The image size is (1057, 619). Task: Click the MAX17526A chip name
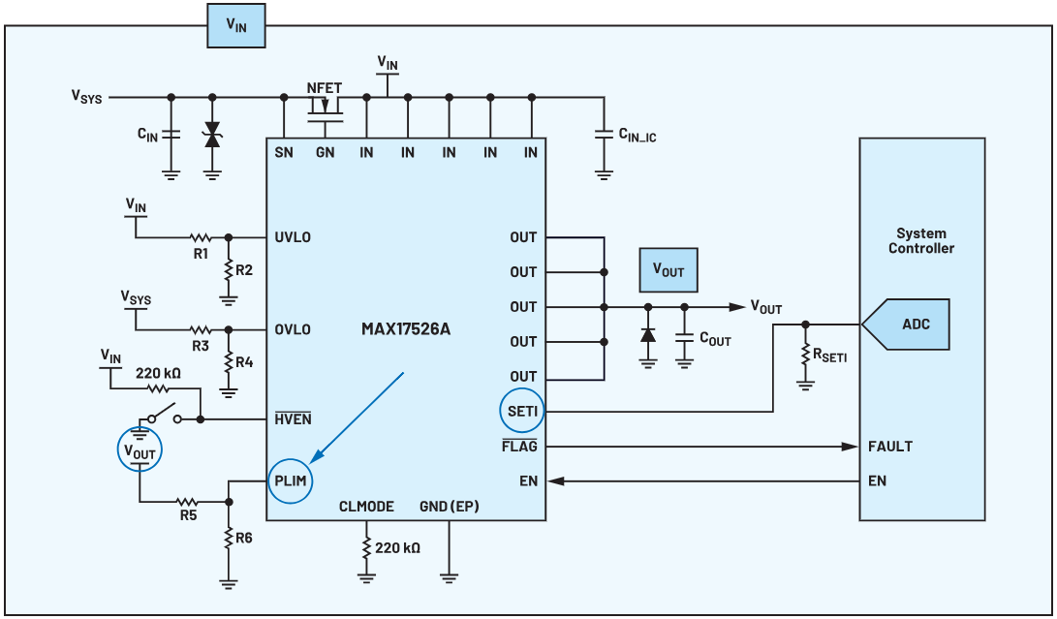[x=406, y=329]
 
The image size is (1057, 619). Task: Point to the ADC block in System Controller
[x=915, y=324]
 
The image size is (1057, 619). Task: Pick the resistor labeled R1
[x=201, y=236]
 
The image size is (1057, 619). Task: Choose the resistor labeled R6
[x=229, y=537]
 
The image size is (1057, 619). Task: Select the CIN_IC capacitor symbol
[x=604, y=134]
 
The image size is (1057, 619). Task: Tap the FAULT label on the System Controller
[x=890, y=447]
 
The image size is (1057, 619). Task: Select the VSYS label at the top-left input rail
[x=86, y=96]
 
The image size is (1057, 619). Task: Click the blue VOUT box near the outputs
[x=668, y=270]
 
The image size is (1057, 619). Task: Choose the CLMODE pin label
[x=366, y=507]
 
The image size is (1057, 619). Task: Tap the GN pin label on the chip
[x=325, y=152]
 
